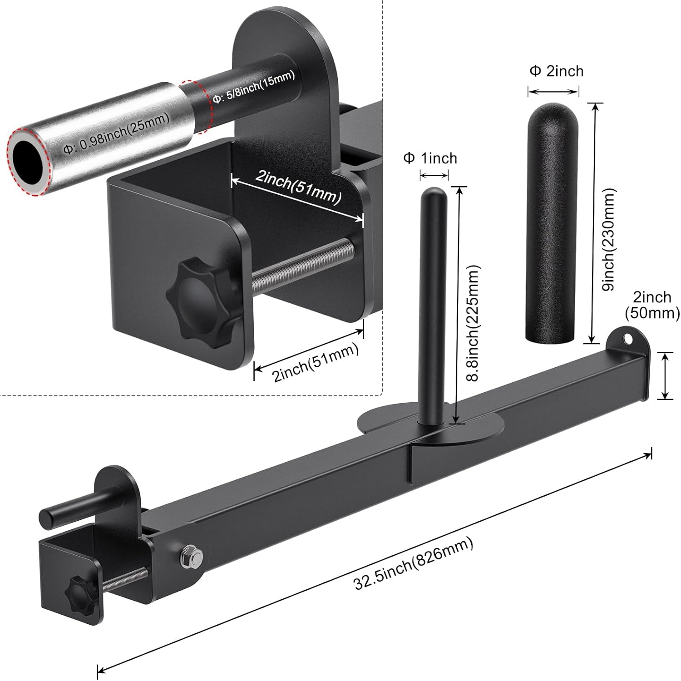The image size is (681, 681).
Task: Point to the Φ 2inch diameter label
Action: (x=556, y=71)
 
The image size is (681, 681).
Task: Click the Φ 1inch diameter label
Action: (x=430, y=158)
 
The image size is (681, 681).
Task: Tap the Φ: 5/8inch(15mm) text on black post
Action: (x=254, y=86)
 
